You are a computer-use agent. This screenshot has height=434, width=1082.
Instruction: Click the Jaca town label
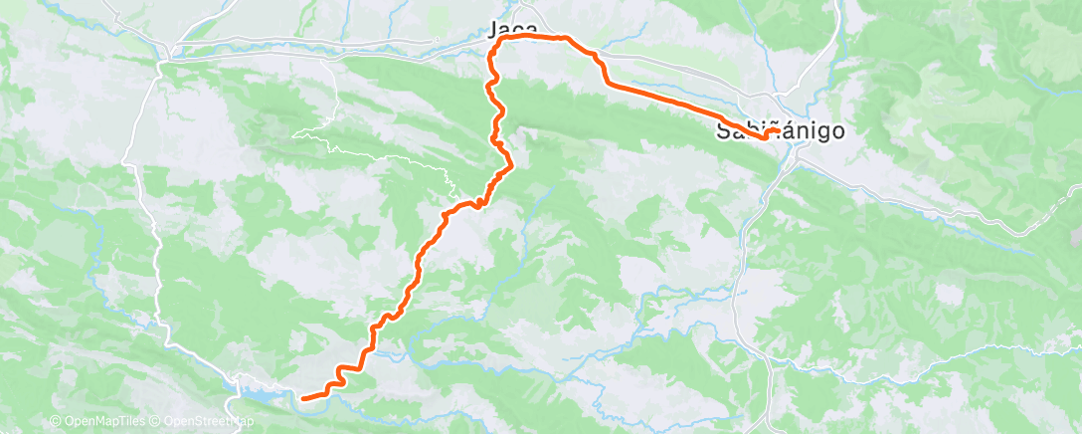click(513, 30)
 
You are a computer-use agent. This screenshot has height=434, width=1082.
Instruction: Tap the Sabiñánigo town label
click(781, 130)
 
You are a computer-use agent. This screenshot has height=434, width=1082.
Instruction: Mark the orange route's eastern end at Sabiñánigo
click(777, 130)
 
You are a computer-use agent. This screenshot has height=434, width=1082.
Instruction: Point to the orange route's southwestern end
click(302, 398)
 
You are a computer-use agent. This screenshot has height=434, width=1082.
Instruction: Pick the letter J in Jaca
click(494, 30)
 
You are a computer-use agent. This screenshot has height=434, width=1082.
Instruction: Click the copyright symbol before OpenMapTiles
click(55, 422)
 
